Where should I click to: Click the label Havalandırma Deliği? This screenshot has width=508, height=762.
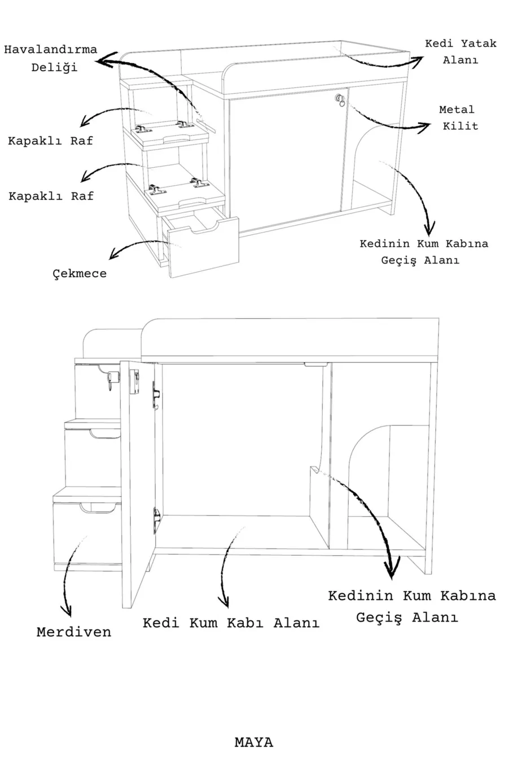click(x=50, y=58)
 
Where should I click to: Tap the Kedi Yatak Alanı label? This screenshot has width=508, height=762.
click(x=460, y=51)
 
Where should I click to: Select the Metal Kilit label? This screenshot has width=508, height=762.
click(x=457, y=117)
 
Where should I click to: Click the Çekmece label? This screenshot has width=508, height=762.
click(x=80, y=274)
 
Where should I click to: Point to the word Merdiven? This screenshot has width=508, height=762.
click(x=74, y=632)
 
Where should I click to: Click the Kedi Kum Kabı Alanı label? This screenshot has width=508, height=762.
click(x=231, y=623)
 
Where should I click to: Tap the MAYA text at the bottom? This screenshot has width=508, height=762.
click(x=253, y=742)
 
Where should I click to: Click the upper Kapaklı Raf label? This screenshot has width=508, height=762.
click(x=50, y=141)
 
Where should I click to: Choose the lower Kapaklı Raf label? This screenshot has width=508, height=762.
click(x=51, y=196)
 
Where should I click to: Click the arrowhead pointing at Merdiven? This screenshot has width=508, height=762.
click(x=68, y=611)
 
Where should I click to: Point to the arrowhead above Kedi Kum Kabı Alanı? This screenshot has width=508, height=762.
click(x=225, y=602)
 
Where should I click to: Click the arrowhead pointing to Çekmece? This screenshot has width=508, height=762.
click(x=115, y=253)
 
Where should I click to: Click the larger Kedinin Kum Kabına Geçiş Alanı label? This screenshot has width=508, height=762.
click(x=411, y=606)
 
